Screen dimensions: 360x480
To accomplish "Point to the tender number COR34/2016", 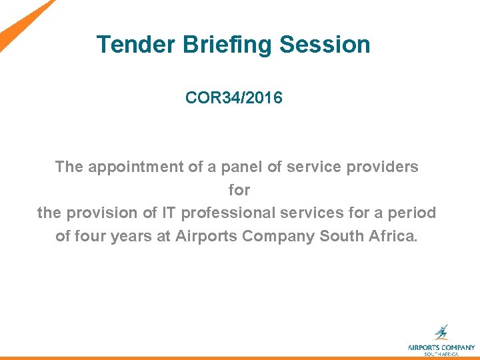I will [233, 98].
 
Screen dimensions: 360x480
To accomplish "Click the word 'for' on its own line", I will [239, 190].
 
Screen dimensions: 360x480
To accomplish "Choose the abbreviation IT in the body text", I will [169, 213].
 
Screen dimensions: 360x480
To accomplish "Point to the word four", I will [89, 237].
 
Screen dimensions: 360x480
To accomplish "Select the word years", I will [131, 237].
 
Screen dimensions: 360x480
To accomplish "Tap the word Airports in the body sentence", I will [203, 237].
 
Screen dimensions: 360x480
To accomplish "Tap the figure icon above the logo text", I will [441, 332].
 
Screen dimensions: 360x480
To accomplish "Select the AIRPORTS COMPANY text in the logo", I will [441, 347].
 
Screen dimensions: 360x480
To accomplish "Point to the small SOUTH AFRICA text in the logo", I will [441, 354].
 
